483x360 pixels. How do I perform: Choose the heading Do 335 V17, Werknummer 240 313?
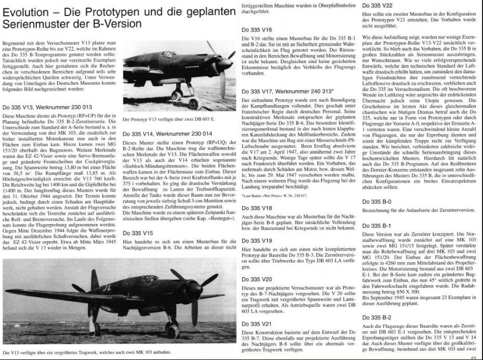point(296,91)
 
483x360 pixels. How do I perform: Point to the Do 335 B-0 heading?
point(380,200)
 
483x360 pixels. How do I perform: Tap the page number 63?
point(473,357)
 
